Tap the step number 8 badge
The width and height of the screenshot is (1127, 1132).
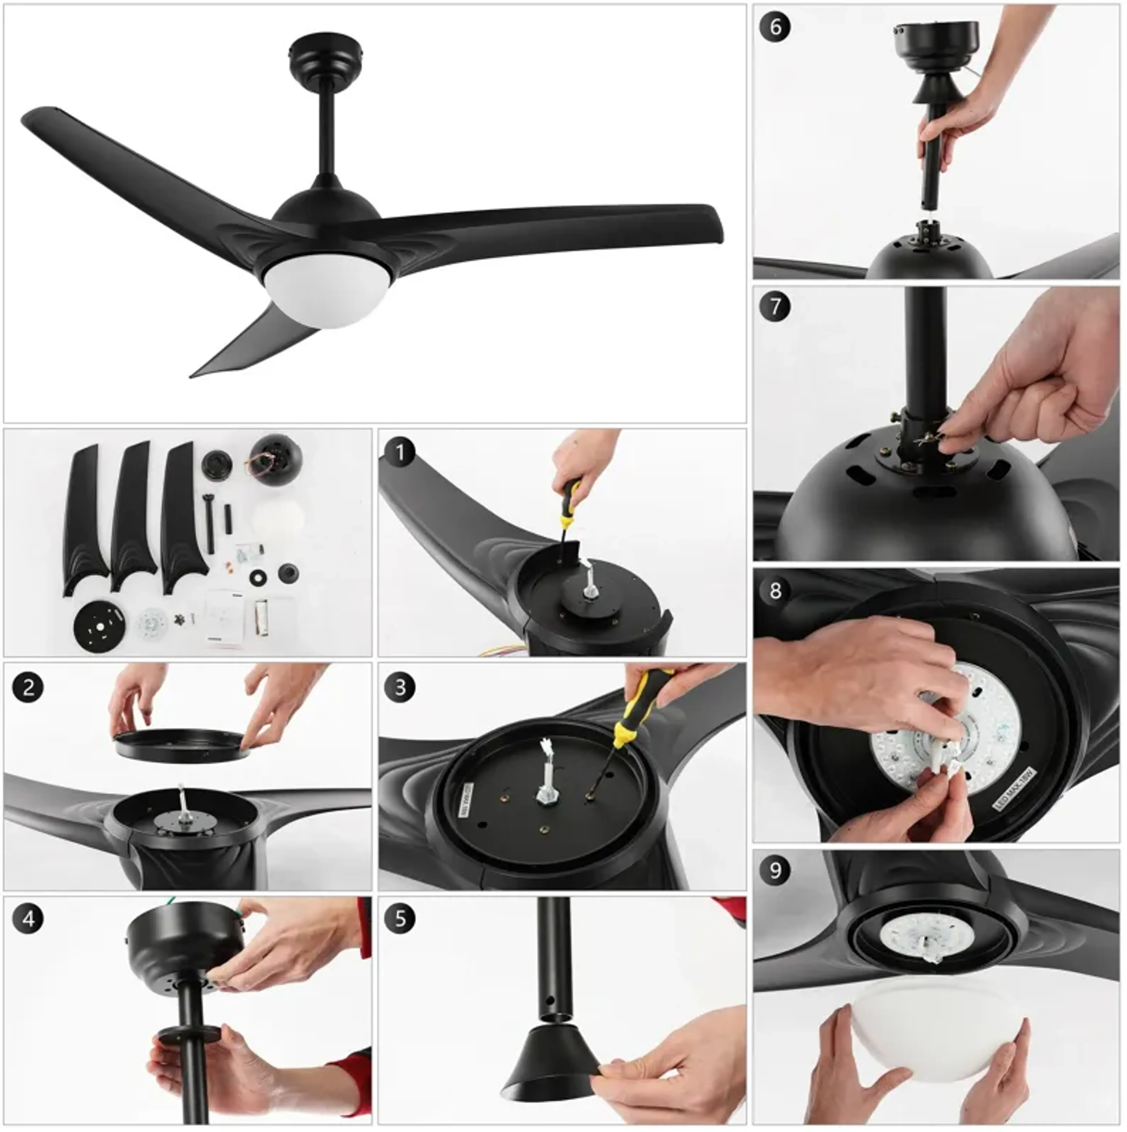[775, 590]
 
